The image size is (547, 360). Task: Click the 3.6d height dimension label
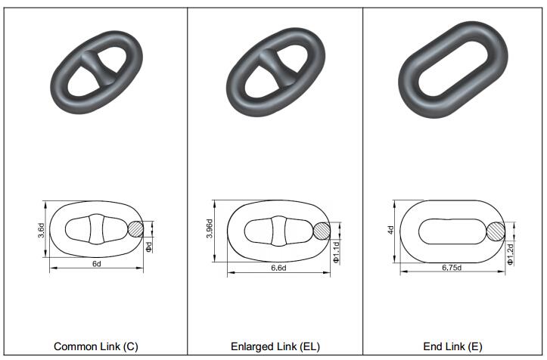(41, 231)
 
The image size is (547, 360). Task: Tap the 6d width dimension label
(97, 264)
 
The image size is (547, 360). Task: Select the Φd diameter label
(149, 247)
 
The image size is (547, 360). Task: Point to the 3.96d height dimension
(210, 228)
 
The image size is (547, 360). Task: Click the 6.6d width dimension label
(278, 268)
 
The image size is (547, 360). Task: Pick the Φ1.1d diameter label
(336, 252)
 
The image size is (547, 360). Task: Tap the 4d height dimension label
(390, 230)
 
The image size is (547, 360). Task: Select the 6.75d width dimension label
(452, 268)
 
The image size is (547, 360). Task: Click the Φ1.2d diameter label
(511, 253)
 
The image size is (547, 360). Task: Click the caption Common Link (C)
(96, 346)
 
